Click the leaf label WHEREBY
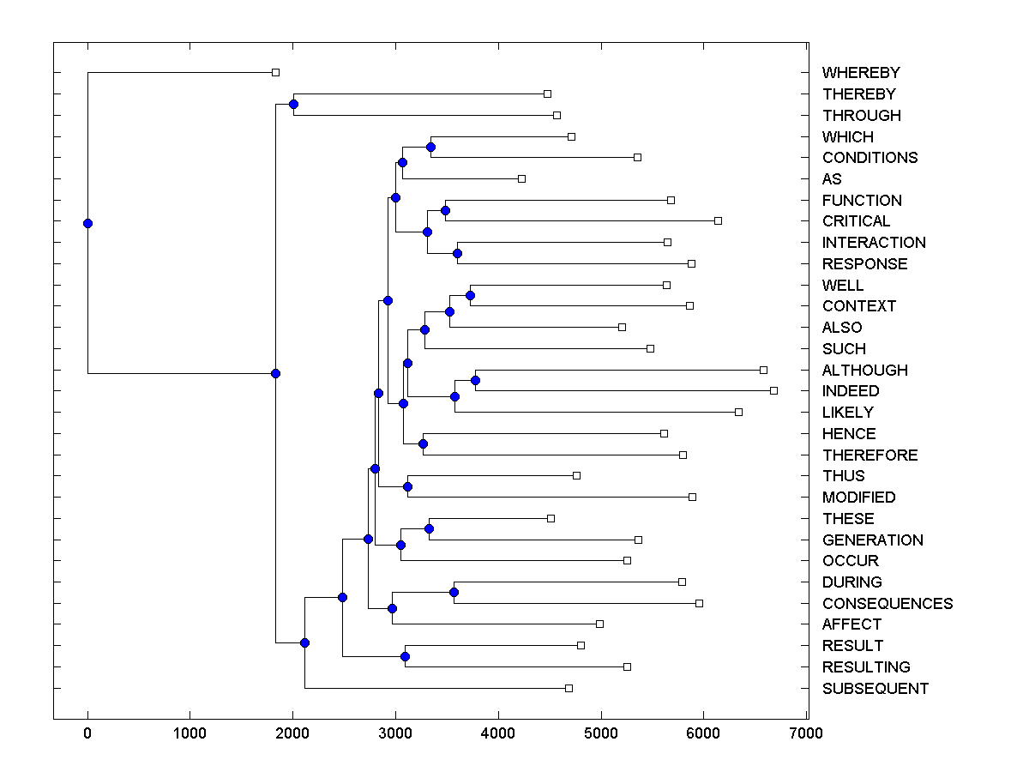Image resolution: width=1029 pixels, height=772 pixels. tap(861, 73)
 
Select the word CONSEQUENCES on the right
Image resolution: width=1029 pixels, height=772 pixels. tap(887, 604)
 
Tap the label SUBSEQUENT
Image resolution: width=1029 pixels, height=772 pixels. tap(875, 689)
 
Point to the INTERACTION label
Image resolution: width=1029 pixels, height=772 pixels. tap(874, 243)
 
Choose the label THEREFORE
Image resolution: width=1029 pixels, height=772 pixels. tap(870, 455)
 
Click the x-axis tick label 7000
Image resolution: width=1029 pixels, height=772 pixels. tap(806, 733)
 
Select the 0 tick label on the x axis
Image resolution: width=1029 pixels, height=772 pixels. tap(87, 733)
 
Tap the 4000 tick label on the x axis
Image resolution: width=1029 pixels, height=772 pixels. tap(498, 733)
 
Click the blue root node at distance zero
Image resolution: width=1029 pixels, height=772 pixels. tap(87, 223)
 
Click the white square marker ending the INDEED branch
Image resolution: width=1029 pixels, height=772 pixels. tap(773, 390)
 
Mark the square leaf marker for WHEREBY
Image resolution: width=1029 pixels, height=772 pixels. tap(275, 72)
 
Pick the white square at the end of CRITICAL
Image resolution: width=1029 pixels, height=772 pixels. tap(718, 220)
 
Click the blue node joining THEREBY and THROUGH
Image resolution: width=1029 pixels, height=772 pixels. tap(293, 104)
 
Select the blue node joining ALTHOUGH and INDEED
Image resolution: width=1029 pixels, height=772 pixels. tap(475, 380)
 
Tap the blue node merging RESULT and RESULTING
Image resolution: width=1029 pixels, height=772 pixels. tap(405, 656)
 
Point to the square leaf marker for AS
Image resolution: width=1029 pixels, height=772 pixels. tap(521, 178)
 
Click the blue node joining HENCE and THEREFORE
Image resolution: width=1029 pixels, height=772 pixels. tap(423, 443)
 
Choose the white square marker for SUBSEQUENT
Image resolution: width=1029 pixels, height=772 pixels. tap(569, 688)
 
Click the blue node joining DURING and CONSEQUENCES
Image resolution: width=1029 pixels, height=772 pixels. tap(454, 592)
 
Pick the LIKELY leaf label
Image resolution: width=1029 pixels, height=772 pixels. tap(847, 413)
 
